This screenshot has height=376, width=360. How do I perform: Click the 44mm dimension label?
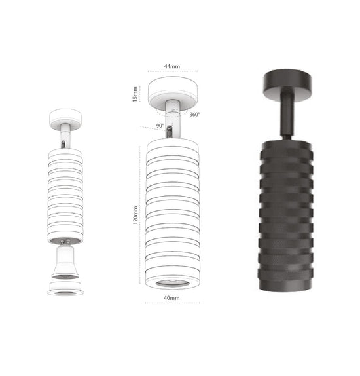coord(172,66)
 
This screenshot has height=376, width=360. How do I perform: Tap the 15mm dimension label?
coord(135,94)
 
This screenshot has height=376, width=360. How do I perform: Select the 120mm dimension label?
coord(135,215)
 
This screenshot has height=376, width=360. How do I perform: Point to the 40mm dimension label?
coord(171,298)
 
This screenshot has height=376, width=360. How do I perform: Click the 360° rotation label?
coord(194,115)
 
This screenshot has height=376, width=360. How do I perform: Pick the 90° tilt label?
coord(160,126)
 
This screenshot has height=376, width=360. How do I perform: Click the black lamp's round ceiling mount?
coord(287,86)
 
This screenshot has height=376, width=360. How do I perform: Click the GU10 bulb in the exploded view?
coord(65,263)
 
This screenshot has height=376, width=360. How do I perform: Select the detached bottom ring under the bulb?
coord(65,288)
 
